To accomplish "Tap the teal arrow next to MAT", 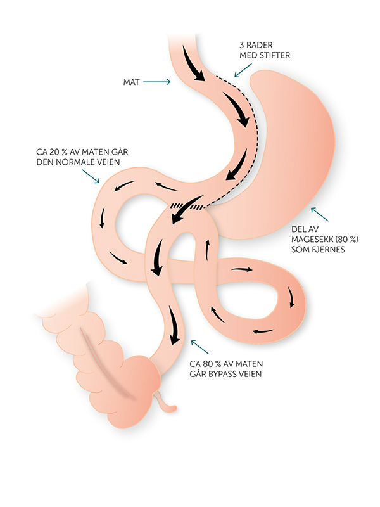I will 158,82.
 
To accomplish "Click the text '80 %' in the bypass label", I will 214,364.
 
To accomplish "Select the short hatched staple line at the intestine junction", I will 187,205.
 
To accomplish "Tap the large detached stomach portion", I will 298,152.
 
